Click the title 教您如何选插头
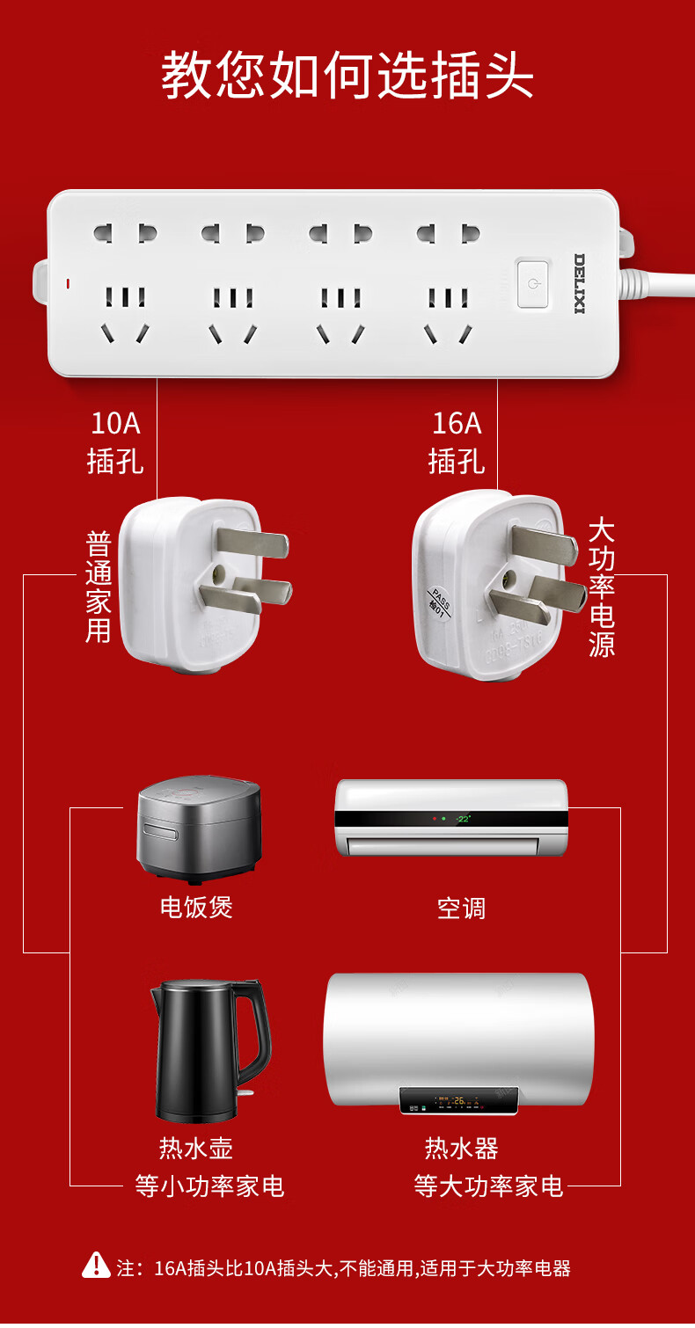coord(347,76)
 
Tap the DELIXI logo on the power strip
coord(580,283)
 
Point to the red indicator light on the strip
coord(68,284)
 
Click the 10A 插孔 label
coord(115,441)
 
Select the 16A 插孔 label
coord(457,441)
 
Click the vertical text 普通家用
coord(99,587)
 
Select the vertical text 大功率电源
coord(602,587)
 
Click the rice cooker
coord(199,828)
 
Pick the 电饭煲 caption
coord(196,907)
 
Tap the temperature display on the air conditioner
coord(463,819)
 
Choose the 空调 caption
coord(461,908)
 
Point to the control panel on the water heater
coord(457,1100)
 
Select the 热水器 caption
coord(461,1148)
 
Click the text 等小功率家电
coord(209,1186)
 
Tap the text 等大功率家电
coord(488,1186)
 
